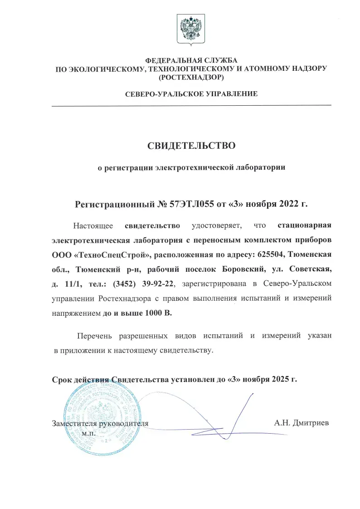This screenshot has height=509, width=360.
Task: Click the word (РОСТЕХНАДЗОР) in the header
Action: [190, 78]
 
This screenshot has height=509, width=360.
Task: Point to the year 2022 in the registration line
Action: [288, 203]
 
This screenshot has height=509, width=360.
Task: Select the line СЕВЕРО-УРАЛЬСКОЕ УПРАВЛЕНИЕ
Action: [191, 94]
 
